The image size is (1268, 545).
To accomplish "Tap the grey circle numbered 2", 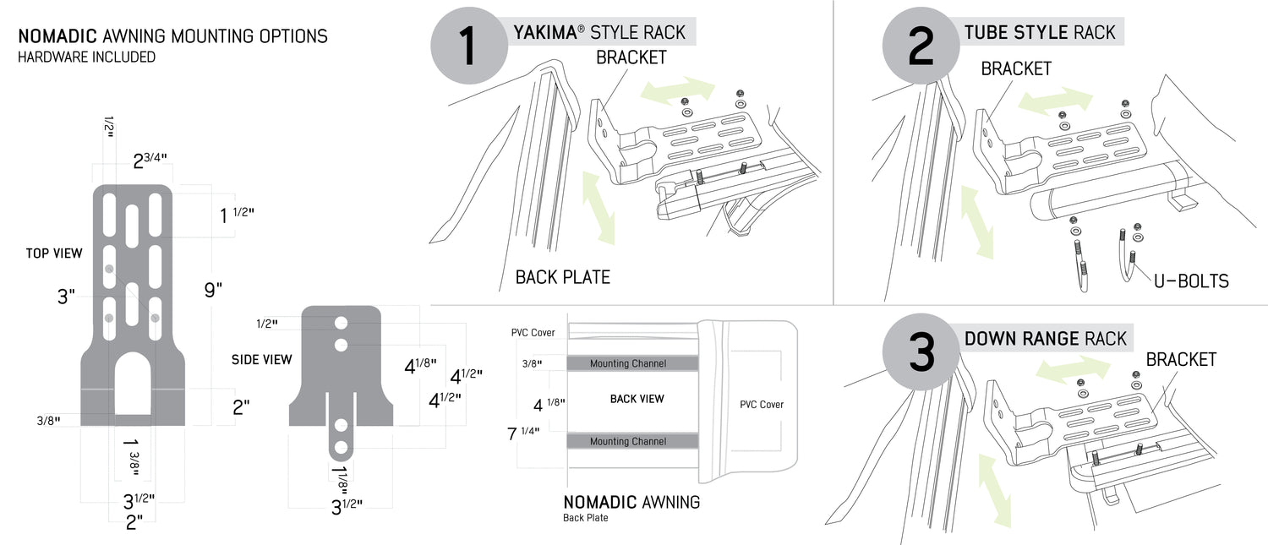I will (x=919, y=48).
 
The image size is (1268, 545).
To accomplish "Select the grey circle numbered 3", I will (x=919, y=354).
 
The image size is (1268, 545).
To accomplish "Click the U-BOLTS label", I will (x=1191, y=281).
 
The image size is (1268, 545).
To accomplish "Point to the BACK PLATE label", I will (x=562, y=277).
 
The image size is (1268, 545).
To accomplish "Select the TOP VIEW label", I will (x=54, y=253).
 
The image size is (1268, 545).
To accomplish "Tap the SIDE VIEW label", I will (x=261, y=360).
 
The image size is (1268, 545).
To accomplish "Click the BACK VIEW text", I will (x=637, y=399).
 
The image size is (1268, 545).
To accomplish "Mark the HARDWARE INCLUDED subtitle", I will (x=86, y=57).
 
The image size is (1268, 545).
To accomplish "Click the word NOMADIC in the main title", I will (x=57, y=36).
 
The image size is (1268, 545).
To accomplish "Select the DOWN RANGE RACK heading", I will (x=1045, y=339).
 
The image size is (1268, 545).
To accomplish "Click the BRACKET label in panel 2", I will (x=1015, y=68).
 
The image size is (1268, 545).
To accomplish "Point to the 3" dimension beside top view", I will (x=66, y=297).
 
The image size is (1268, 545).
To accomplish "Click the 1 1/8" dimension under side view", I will (x=342, y=475).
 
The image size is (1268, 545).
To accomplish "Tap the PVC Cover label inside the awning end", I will (x=761, y=405).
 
